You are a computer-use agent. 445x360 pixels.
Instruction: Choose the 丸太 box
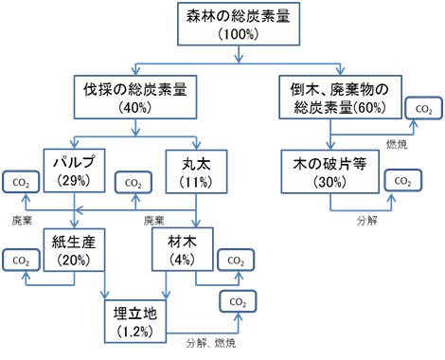coord(195,165)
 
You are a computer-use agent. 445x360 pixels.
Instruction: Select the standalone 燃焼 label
coord(399,143)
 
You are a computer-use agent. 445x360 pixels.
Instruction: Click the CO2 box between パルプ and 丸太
coord(134,182)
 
